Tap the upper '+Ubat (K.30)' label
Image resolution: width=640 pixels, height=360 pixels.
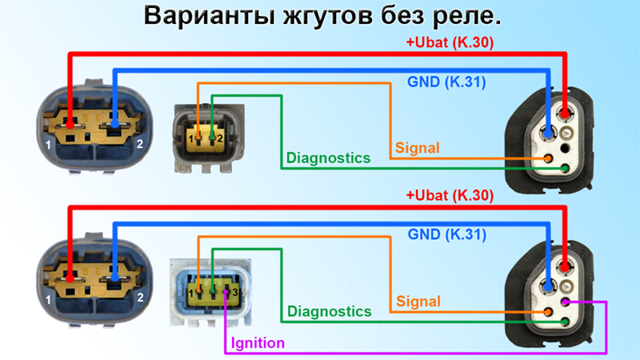(450, 42)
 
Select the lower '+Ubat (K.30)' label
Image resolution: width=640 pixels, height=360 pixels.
(450, 195)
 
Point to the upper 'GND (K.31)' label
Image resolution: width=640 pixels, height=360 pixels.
(446, 82)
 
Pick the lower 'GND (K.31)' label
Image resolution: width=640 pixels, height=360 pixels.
(447, 234)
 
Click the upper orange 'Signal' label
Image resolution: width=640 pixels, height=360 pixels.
(417, 148)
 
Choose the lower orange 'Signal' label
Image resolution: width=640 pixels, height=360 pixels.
(418, 302)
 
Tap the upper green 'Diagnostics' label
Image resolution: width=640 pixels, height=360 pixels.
(328, 158)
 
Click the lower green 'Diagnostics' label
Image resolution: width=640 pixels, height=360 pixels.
(329, 311)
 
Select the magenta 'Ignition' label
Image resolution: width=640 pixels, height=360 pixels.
(258, 343)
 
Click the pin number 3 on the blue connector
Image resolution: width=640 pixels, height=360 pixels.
(235, 292)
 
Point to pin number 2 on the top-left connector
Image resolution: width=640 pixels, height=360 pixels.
(139, 144)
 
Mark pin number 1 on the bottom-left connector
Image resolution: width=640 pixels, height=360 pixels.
(48, 300)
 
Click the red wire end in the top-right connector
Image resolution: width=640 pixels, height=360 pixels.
(565, 114)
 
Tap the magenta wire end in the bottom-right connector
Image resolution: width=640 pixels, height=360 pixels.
(566, 302)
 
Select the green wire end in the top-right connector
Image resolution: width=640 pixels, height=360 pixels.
(565, 168)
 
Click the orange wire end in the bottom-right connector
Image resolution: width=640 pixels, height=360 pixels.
(548, 312)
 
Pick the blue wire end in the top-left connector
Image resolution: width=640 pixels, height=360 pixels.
(114, 124)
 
